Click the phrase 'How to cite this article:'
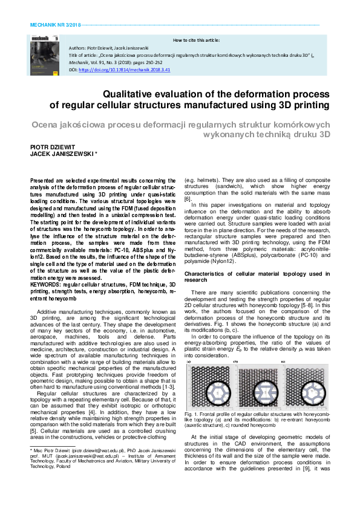(x=196, y=39)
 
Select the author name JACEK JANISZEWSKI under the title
(x=59, y=154)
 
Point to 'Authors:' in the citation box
(x=79, y=47)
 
